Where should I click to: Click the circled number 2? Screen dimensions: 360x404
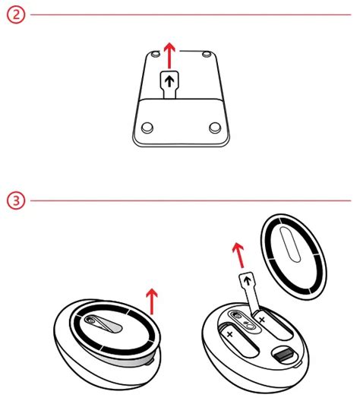(16, 14)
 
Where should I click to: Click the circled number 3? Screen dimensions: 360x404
(16, 200)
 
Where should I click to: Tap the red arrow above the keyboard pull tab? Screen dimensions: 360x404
(169, 55)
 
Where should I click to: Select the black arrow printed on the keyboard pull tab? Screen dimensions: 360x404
(169, 82)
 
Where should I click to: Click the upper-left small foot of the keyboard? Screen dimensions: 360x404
(156, 54)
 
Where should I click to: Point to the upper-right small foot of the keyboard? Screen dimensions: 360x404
(206, 54)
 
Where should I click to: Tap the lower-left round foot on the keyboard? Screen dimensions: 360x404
(147, 128)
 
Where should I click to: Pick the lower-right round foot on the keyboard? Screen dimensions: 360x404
(215, 128)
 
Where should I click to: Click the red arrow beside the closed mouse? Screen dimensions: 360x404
(152, 301)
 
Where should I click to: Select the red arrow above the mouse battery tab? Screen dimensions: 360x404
(238, 255)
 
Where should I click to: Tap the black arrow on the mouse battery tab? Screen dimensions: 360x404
(248, 280)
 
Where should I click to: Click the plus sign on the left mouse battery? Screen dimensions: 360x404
(230, 334)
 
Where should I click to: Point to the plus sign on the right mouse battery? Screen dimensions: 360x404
(262, 320)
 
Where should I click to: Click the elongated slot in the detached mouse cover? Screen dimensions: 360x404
(290, 245)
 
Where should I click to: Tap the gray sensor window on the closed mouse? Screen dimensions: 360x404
(103, 324)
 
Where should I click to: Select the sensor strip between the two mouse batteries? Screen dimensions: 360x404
(243, 321)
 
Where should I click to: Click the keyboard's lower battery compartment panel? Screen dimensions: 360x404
(181, 122)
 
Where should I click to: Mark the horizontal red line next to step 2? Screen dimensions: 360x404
(191, 14)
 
